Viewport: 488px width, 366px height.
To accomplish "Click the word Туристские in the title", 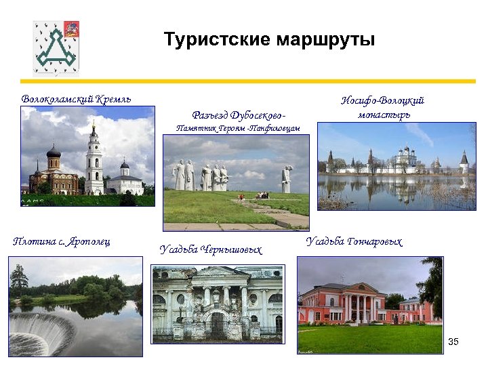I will [217, 39].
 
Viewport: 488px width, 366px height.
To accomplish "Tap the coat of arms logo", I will [56, 47].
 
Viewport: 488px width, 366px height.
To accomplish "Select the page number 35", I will [453, 341].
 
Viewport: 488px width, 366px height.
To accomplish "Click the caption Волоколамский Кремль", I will [76, 100].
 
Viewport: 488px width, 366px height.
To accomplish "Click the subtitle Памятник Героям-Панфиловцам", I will [237, 127].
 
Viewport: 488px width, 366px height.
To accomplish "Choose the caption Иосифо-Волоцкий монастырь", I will [383, 107].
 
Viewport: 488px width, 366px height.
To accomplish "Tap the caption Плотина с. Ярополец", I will [62, 241].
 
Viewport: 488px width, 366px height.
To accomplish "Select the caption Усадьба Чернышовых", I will [211, 249].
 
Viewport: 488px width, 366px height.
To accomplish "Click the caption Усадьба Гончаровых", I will [354, 241].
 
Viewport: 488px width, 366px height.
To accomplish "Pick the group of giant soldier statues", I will [201, 176].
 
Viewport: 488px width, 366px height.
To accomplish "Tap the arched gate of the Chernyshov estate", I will [216, 323].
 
